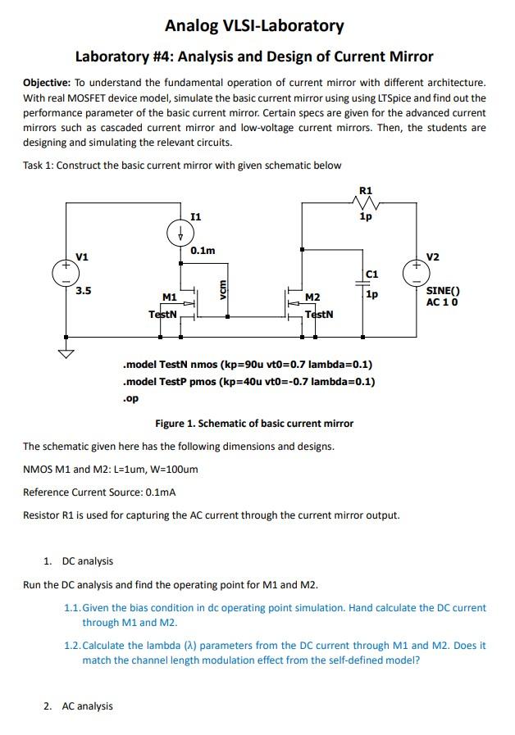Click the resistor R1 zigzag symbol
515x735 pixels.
[x=366, y=203]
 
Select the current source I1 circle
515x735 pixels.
[x=180, y=233]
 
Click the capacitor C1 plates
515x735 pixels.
[x=362, y=284]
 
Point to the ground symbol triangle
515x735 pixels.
[x=66, y=353]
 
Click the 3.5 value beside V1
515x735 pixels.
[x=84, y=291]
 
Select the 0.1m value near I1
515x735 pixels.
[x=203, y=251]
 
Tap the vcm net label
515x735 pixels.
[x=223, y=289]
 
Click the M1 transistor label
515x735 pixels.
[x=169, y=297]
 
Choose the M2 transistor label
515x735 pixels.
[x=312, y=297]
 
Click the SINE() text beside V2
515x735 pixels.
[x=443, y=291]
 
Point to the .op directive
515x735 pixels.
[x=130, y=398]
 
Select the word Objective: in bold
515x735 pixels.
[x=47, y=83]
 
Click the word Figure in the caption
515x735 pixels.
[x=169, y=424]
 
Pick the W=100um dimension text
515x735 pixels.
[x=172, y=470]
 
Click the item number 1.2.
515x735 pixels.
[x=72, y=646]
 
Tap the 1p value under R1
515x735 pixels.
[x=366, y=216]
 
